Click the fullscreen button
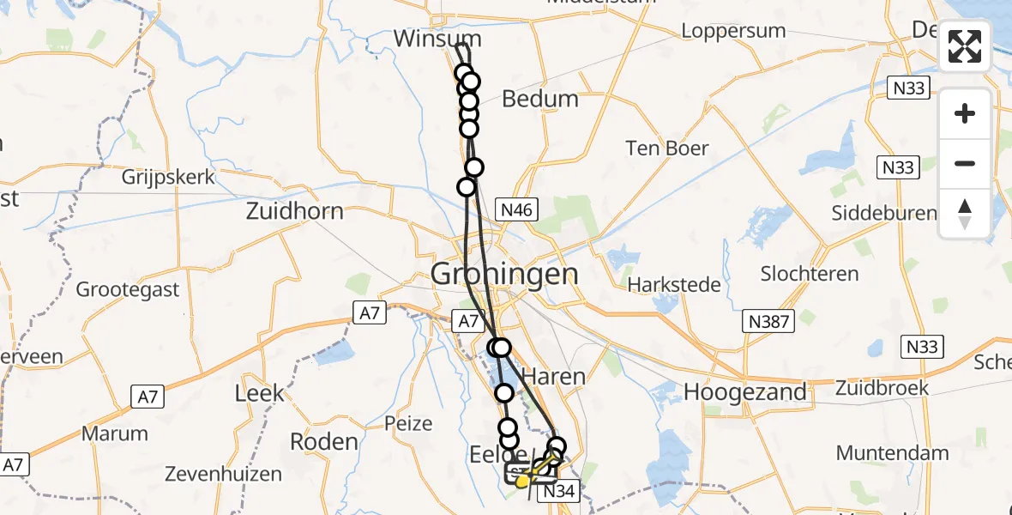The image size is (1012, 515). click(x=965, y=46)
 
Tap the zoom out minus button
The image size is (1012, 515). click(x=965, y=163)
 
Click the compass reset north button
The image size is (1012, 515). click(x=965, y=213)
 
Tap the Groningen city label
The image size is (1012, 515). click(x=504, y=275)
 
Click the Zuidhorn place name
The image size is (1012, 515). click(x=294, y=211)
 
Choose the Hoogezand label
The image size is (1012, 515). click(x=745, y=392)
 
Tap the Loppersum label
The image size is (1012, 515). click(x=733, y=31)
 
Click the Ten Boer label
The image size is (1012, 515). click(x=667, y=148)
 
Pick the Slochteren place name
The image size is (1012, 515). click(x=810, y=274)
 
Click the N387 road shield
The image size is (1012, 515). click(x=769, y=321)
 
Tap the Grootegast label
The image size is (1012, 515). click(x=128, y=289)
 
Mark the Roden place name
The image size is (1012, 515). click(x=323, y=441)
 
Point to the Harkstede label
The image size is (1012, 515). click(x=674, y=284)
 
